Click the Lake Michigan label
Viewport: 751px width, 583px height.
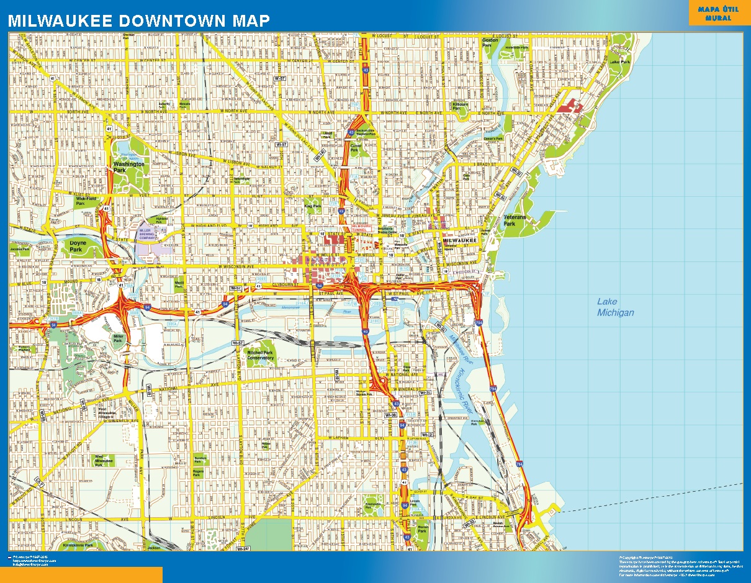615,307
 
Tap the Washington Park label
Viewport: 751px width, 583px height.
128,167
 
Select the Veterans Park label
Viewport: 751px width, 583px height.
514,220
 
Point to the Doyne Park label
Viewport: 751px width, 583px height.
76,246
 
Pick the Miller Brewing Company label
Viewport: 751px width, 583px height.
147,234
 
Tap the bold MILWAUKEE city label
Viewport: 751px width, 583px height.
459,240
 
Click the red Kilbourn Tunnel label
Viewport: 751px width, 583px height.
361,228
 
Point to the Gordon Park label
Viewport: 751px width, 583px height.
490,43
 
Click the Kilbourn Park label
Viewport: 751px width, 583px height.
460,106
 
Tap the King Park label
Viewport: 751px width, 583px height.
312,206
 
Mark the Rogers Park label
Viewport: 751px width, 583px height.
198,473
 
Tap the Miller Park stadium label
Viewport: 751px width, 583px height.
118,338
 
